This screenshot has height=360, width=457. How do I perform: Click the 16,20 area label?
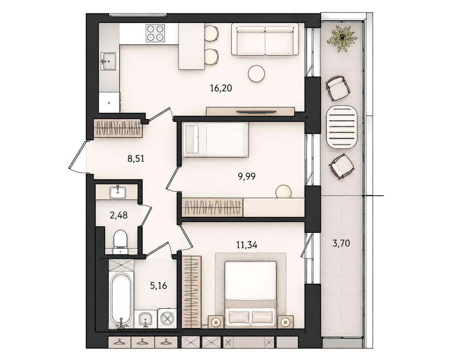click(221, 88)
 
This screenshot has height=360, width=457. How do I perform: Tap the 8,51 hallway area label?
click(136, 159)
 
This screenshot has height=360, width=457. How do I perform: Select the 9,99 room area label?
click(247, 176)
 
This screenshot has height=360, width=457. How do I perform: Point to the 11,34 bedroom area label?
click(247, 245)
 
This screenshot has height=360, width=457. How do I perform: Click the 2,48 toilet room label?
click(119, 215)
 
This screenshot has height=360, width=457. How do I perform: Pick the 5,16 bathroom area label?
click(159, 286)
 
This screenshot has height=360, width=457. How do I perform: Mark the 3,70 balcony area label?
click(341, 243)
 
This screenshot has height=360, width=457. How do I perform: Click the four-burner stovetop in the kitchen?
click(155, 33)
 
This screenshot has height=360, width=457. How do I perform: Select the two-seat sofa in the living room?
click(265, 40)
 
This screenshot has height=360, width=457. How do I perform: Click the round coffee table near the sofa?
click(257, 73)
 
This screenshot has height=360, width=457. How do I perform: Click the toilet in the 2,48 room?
click(120, 242)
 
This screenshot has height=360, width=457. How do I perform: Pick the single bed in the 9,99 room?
click(215, 140)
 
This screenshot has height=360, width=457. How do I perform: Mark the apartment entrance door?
click(77, 157)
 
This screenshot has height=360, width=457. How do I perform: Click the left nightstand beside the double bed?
click(216, 322)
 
